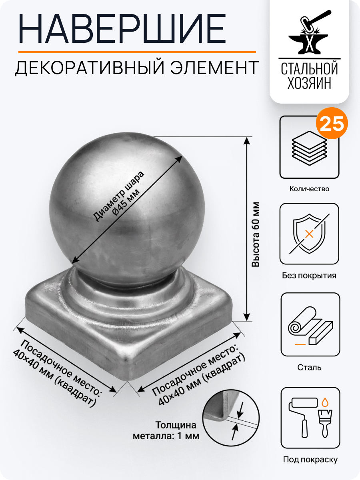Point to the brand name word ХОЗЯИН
coord(309,83)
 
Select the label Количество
coord(309,189)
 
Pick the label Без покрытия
coord(309,276)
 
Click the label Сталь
coord(309,367)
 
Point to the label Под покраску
coord(310,460)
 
